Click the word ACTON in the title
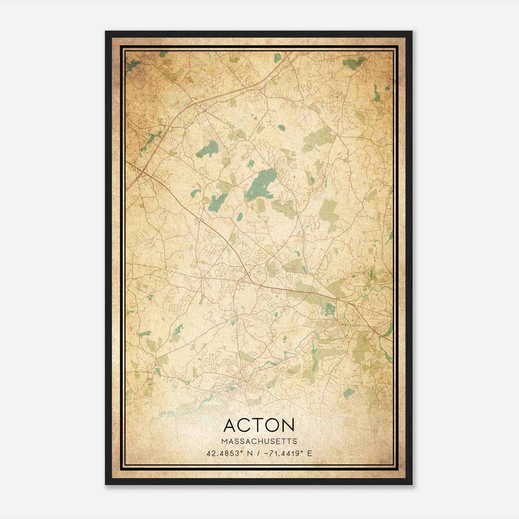click(x=259, y=425)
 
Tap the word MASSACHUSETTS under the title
click(x=259, y=441)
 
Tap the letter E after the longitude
click(x=309, y=453)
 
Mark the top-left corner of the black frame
click(x=106, y=32)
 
